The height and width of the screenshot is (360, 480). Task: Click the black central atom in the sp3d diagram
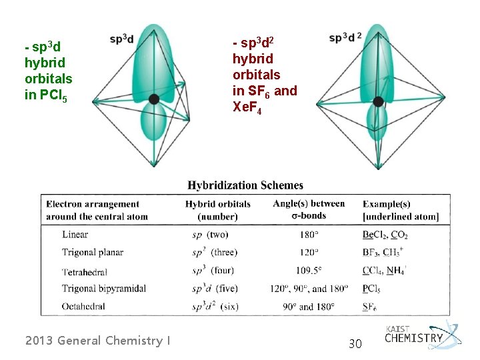tap(154, 99)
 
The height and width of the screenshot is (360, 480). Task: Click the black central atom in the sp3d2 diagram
tap(378, 101)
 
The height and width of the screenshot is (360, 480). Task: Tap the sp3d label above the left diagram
tap(122, 39)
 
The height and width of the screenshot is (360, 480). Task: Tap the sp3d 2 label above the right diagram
tap(345, 37)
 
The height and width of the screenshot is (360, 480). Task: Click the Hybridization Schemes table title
tap(245, 185)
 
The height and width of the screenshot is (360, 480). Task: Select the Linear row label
tap(75, 235)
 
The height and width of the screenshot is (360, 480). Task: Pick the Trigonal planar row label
tap(93, 253)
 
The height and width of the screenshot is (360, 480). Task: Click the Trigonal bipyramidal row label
tap(104, 289)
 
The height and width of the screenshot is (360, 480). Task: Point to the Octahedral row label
tap(83, 307)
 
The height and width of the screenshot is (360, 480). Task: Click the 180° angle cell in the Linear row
tap(309, 235)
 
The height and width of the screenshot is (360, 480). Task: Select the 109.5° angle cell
tap(309, 271)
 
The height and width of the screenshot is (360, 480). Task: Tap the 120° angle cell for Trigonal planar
tap(309, 253)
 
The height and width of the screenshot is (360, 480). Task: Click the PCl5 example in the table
tap(372, 289)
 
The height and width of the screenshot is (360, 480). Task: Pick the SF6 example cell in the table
tap(370, 307)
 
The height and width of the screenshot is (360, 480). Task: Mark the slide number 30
tap(355, 343)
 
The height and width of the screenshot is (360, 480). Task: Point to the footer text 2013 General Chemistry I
tap(97, 341)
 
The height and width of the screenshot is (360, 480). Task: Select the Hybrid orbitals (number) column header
tap(218, 210)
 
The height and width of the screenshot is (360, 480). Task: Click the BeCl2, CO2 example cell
tap(385, 235)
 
